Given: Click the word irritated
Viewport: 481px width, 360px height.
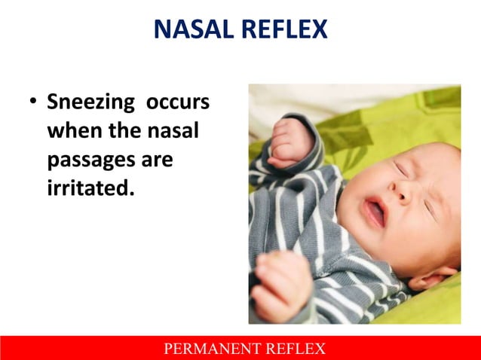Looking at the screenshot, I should pos(90,186).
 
